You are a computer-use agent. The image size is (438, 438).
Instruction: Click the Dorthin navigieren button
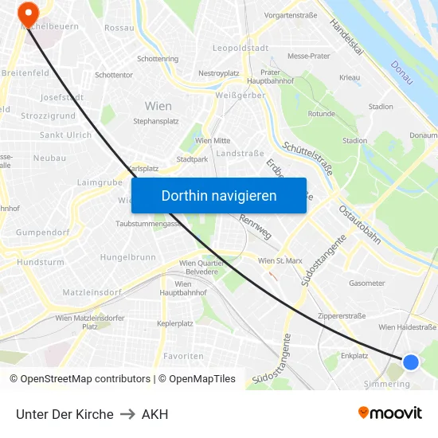coord(219,195)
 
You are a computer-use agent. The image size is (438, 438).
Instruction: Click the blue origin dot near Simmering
coord(411,362)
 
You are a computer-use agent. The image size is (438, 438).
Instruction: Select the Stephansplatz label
coord(156,121)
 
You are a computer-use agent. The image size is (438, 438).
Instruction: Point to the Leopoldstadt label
coord(240,48)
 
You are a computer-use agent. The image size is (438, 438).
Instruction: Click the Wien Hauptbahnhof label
coord(182,288)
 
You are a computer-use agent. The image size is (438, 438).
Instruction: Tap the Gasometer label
coord(366,284)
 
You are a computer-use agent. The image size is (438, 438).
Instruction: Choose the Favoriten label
coord(183,355)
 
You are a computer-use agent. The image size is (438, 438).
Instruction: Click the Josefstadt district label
coord(62,97)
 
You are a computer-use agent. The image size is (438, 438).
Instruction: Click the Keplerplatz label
coord(175,323)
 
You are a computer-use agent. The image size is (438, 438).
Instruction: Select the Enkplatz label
coord(354,356)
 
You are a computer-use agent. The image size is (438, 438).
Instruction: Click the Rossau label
coord(119,28)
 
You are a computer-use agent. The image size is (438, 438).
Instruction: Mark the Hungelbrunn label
coord(127,257)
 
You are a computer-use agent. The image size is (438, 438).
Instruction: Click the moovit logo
coord(389,413)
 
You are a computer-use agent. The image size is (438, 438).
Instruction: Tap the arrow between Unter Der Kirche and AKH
coord(127,414)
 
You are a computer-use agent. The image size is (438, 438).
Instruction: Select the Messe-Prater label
coord(308,57)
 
